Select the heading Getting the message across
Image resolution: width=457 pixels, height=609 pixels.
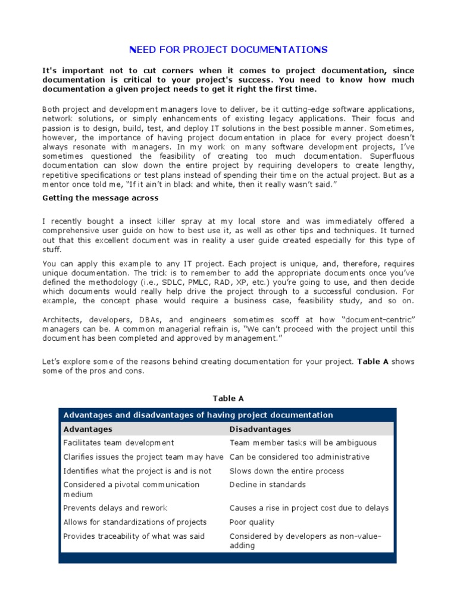coord(101,197)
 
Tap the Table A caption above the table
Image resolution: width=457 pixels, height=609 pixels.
coord(228,398)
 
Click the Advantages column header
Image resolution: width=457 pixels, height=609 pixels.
coord(87,429)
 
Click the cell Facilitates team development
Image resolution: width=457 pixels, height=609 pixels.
coord(118,443)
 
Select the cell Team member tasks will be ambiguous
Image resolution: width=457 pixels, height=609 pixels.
coord(303,443)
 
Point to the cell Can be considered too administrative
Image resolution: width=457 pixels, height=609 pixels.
coord(299,457)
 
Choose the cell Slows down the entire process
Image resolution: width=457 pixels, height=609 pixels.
coord(287,471)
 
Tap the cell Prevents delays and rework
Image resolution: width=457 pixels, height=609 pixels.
coord(115,508)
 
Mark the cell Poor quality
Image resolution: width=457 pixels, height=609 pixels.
coord(252,522)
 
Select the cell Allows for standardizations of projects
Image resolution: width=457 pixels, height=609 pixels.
coord(134,522)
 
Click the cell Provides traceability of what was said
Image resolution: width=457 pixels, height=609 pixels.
coord(133,536)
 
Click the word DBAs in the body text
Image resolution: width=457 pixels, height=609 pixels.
coord(161,319)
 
